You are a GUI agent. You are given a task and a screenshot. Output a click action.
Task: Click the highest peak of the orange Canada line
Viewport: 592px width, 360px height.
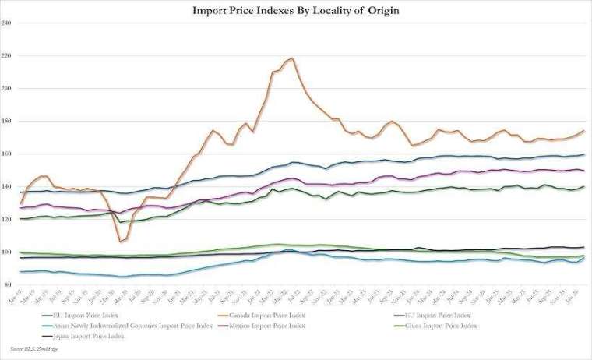click(291, 58)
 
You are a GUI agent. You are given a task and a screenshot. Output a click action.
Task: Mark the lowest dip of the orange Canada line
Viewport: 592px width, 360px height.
click(121, 242)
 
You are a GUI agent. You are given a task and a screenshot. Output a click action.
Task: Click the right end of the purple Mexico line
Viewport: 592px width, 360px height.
click(584, 170)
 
